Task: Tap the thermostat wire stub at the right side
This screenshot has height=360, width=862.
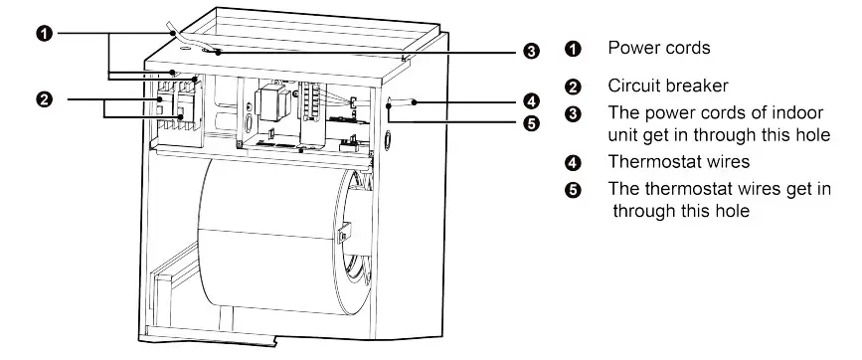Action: (401, 102)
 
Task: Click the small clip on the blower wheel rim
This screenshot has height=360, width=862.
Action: (343, 235)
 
